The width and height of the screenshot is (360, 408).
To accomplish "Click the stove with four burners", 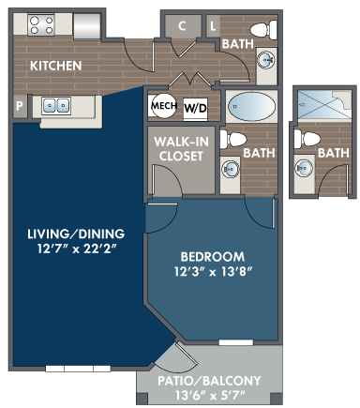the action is (41, 25).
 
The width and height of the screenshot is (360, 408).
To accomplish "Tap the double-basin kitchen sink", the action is (56, 105).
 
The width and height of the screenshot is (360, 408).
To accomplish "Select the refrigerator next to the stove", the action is (87, 26).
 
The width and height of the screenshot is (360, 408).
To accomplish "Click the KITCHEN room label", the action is (55, 66).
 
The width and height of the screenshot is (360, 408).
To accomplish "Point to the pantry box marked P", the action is (20, 106).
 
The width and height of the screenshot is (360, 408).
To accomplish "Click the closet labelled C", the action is (183, 26).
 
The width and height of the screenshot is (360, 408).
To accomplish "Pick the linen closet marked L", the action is (213, 26).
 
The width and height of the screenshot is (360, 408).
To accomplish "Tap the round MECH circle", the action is (164, 106).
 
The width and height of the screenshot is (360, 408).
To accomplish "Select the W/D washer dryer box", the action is (195, 109).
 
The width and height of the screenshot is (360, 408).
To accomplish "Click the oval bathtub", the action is (251, 106).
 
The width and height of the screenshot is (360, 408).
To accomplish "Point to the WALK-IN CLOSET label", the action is (181, 149).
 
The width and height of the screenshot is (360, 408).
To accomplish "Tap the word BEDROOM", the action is (213, 257).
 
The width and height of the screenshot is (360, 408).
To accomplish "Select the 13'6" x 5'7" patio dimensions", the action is (209, 396).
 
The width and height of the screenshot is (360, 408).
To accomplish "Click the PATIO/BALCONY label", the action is (209, 381).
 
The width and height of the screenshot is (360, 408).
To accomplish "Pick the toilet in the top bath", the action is (263, 30).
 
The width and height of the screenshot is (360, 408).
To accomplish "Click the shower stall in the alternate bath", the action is (324, 104).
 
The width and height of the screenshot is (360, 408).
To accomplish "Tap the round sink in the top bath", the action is (266, 59).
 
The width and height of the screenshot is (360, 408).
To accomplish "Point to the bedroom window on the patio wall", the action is (235, 342).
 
